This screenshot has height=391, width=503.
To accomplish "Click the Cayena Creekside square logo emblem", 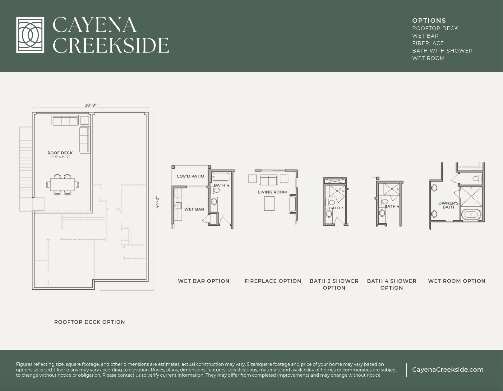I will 30,35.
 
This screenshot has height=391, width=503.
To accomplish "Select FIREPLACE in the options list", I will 428,43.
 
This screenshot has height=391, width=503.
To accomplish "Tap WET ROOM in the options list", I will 428,58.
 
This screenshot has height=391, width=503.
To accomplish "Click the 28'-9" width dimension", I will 91,105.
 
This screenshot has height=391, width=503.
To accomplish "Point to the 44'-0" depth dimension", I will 158,202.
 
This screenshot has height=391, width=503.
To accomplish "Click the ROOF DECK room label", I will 60,153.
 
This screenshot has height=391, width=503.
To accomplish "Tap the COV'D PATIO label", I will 190,176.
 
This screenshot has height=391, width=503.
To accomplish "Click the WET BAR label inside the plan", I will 194,209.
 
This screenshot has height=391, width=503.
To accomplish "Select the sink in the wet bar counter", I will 178,205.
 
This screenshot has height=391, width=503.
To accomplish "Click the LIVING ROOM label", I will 272,192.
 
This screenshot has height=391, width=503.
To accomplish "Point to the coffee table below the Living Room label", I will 270,204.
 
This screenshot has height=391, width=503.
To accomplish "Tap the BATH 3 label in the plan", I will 336,208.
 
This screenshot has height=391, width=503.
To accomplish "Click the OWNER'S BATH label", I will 448,205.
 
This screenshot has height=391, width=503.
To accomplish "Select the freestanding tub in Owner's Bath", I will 472,214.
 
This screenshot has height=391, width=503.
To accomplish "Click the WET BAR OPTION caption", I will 204,281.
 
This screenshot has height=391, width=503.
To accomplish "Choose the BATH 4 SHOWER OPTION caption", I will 391,284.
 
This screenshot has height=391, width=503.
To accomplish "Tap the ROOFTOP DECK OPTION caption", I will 90,322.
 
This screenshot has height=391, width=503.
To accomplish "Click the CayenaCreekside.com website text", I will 448,370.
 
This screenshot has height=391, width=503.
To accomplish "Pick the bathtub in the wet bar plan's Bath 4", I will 221,177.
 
